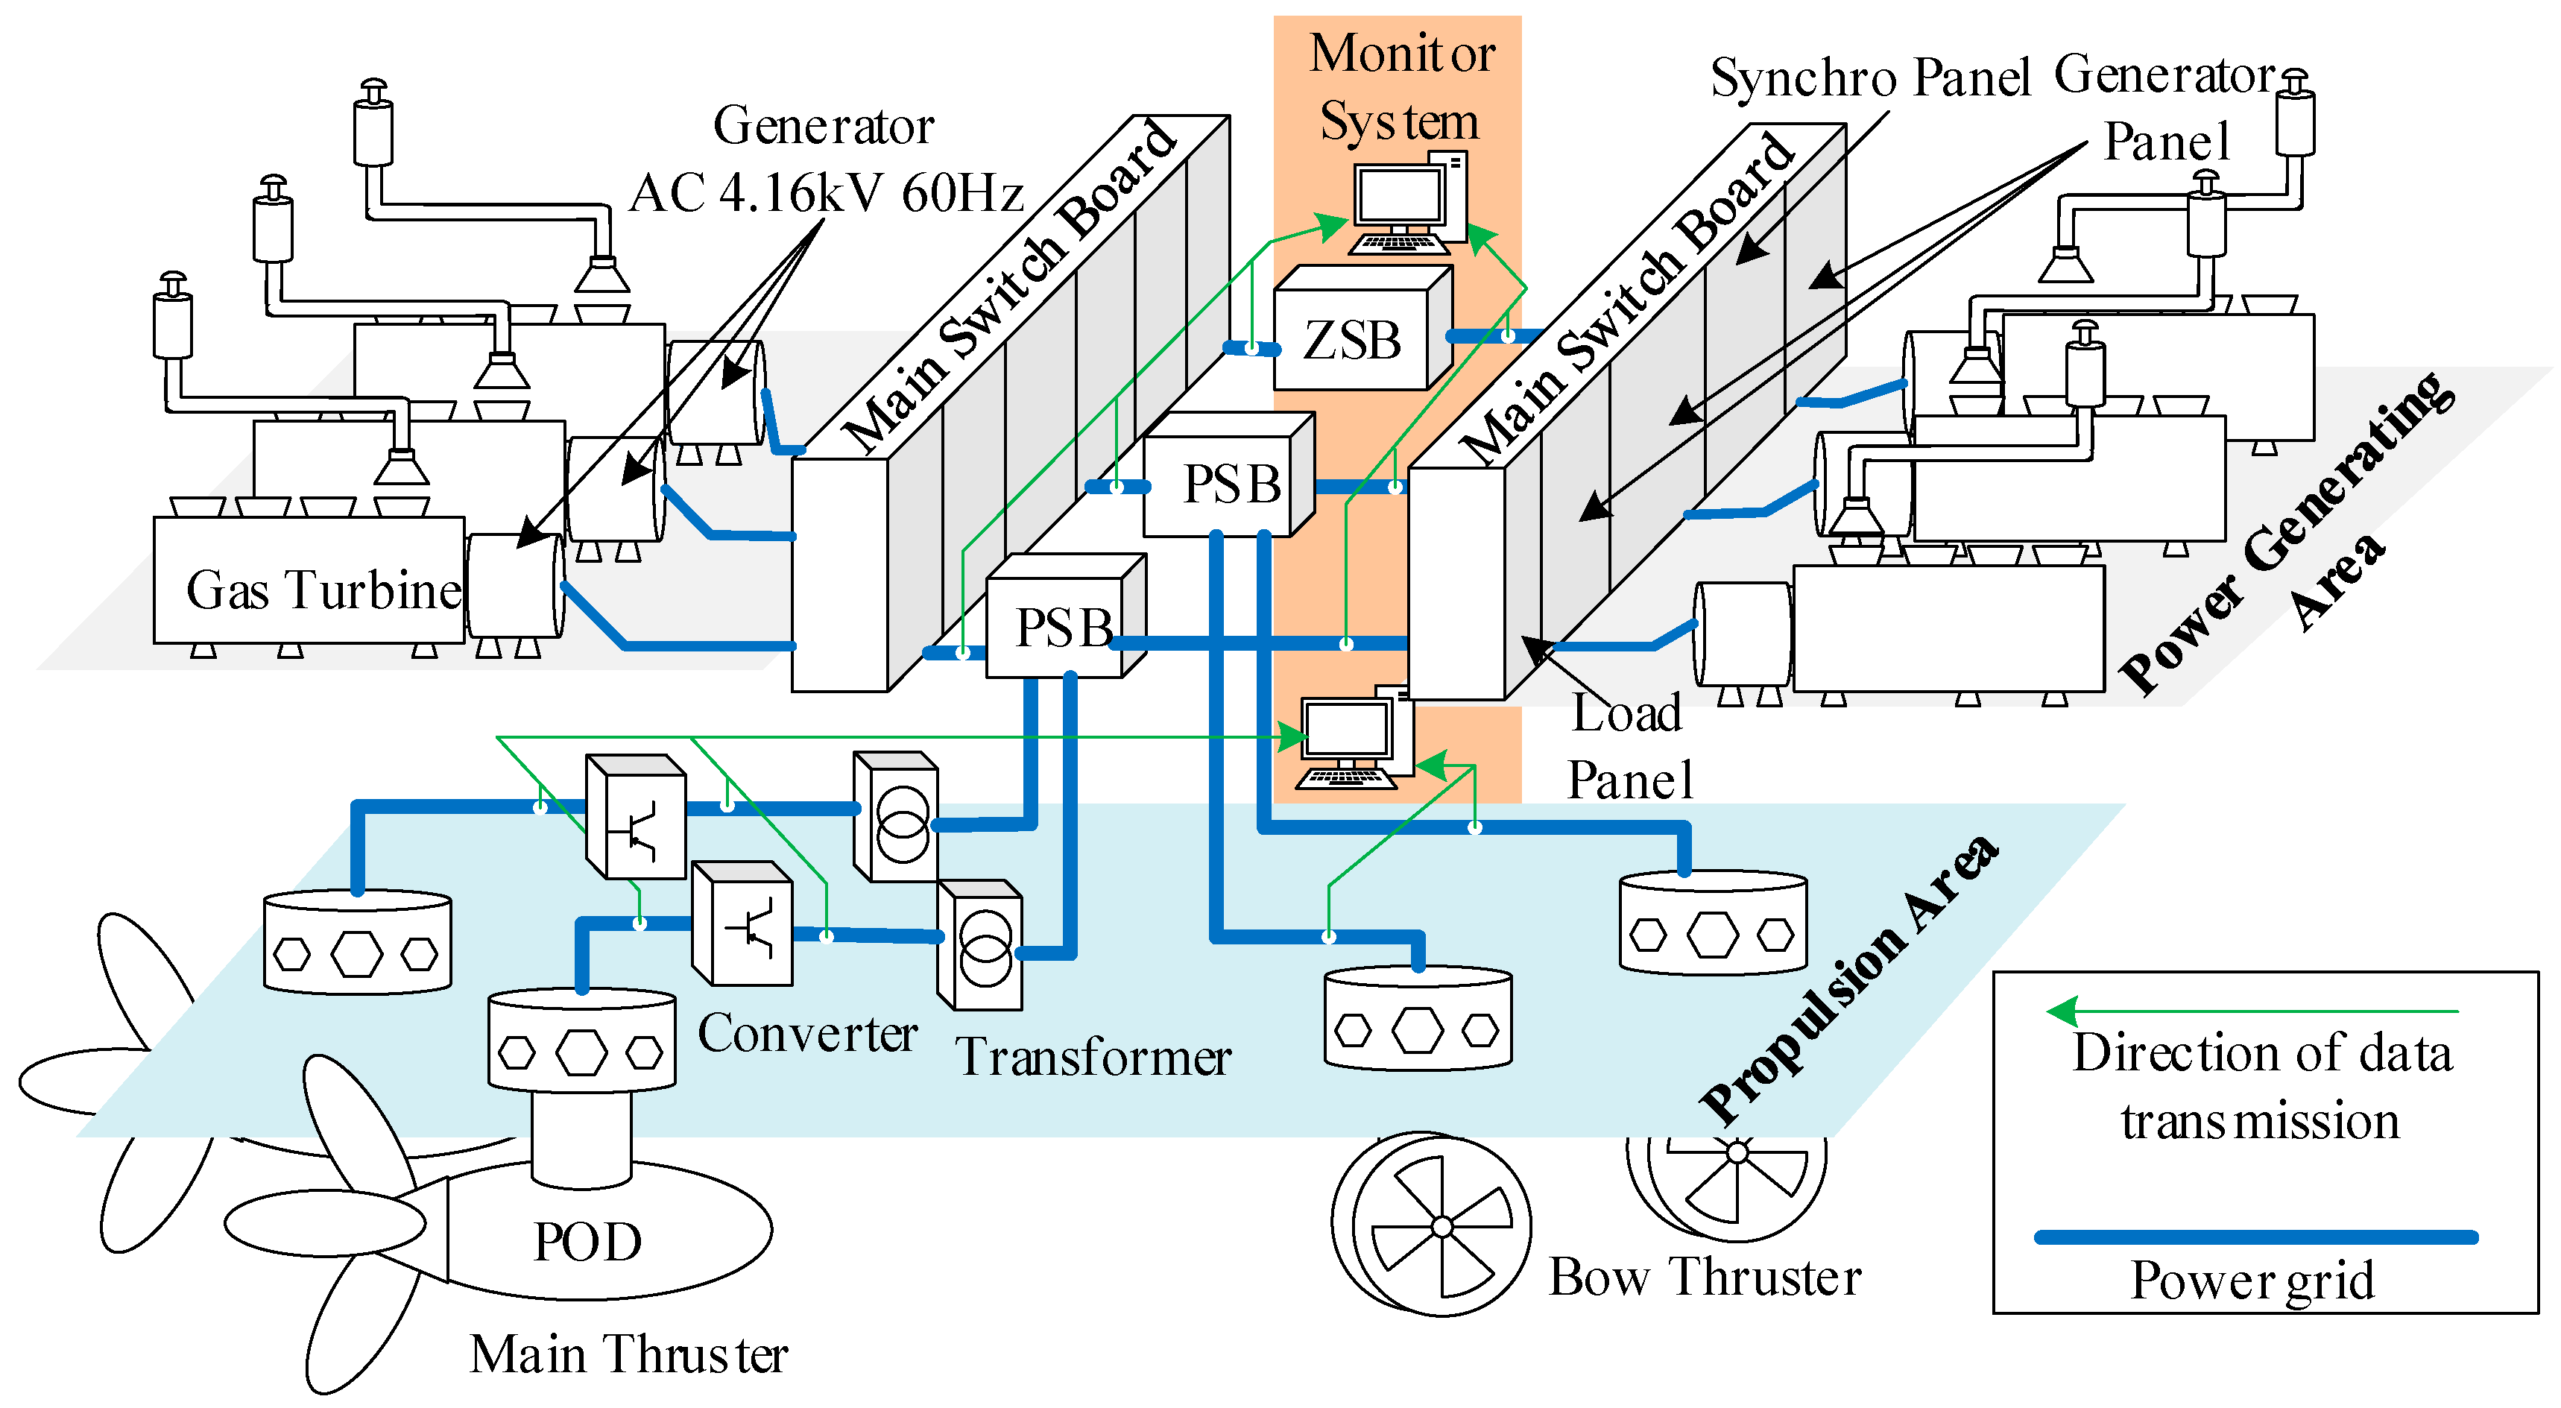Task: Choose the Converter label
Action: pyautogui.click(x=807, y=1034)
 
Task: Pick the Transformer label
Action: pyautogui.click(x=1093, y=1056)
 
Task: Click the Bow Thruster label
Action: pyautogui.click(x=1705, y=1277)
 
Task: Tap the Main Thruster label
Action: pyautogui.click(x=628, y=1354)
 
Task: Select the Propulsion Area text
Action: pyautogui.click(x=1850, y=979)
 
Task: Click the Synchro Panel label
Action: pyautogui.click(x=1870, y=78)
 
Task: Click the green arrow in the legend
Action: pyautogui.click(x=2252, y=1012)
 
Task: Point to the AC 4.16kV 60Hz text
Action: pyautogui.click(x=826, y=193)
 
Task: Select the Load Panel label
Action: pyautogui.click(x=1629, y=746)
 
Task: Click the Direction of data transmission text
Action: pyautogui.click(x=2262, y=1087)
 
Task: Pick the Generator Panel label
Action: pyautogui.click(x=2167, y=107)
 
